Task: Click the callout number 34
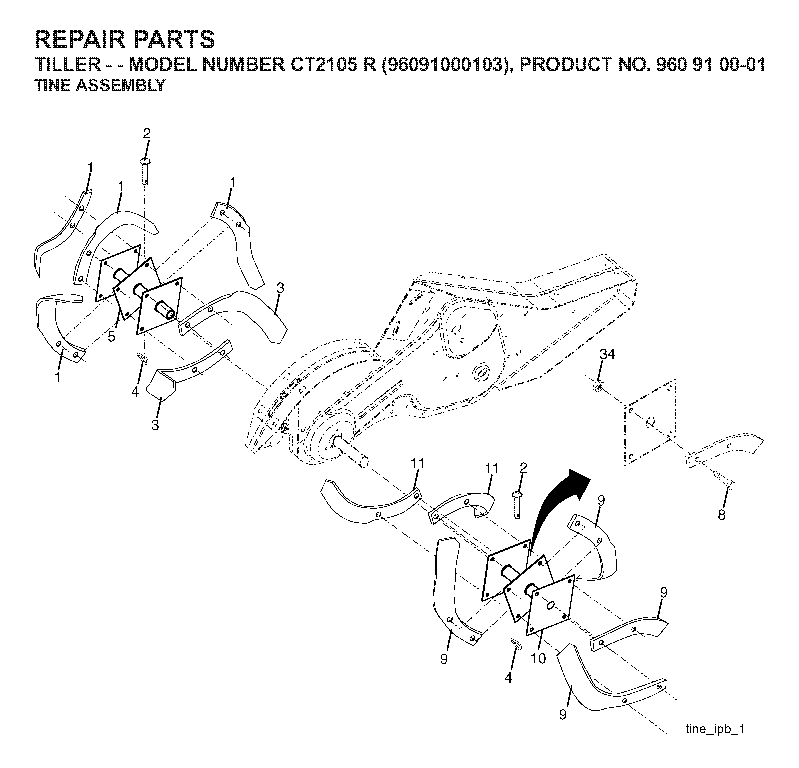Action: pyautogui.click(x=607, y=354)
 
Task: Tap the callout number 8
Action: pyautogui.click(x=722, y=515)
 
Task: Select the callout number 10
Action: pyautogui.click(x=538, y=658)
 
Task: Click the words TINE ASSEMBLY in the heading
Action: pyautogui.click(x=100, y=85)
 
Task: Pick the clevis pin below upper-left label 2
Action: pyautogui.click(x=146, y=171)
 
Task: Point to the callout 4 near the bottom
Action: pyautogui.click(x=508, y=678)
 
